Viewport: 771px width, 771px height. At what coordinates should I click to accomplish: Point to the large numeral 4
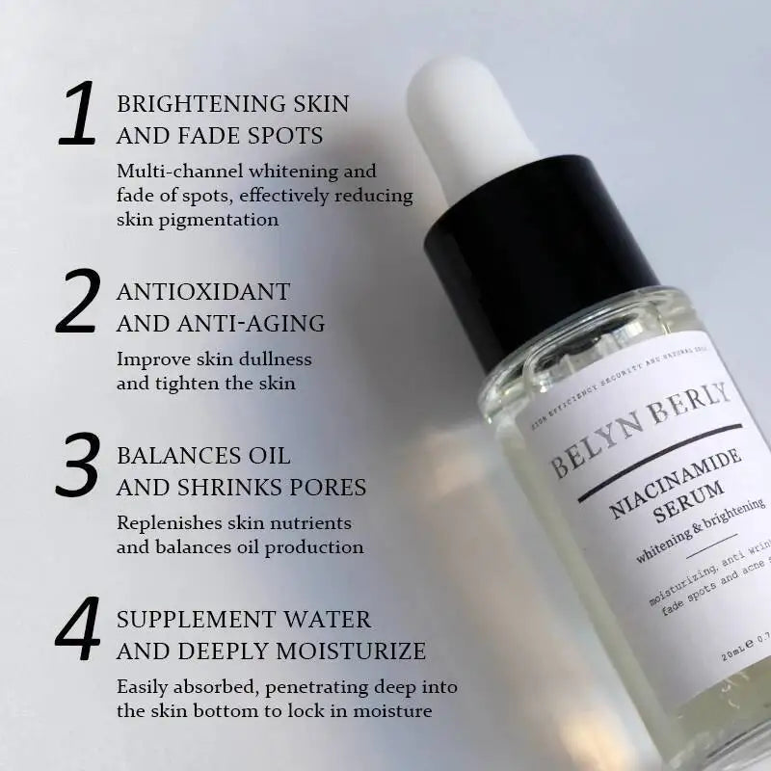(x=80, y=629)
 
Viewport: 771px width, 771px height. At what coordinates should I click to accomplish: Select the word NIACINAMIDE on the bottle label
(x=676, y=481)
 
